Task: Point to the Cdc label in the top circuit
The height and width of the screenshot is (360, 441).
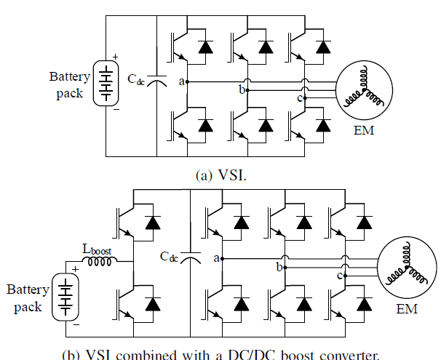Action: click(136, 78)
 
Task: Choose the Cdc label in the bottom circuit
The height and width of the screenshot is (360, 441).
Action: click(169, 255)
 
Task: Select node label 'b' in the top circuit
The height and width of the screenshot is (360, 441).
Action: click(242, 90)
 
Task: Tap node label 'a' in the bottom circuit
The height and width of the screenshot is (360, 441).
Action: click(217, 257)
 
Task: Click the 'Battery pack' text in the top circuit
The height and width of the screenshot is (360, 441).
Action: click(69, 84)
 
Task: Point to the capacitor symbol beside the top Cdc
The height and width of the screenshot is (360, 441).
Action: click(156, 83)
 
